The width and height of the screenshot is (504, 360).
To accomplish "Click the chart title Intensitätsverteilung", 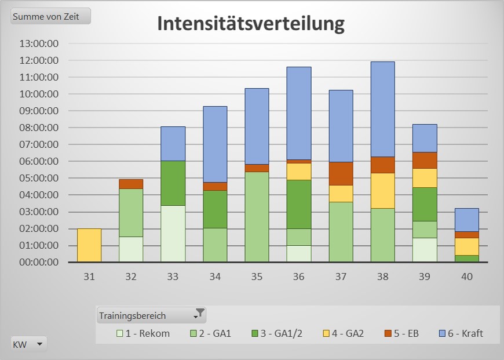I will [251, 24].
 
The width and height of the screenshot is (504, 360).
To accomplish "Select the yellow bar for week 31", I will [89, 245].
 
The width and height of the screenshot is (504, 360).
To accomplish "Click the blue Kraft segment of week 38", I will [382, 109].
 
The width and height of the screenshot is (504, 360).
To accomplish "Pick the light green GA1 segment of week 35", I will [257, 217].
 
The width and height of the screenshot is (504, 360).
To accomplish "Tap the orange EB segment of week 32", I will [131, 184].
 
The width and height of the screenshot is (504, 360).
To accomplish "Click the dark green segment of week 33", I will [173, 183].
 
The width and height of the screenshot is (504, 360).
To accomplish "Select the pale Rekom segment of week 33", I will [173, 234].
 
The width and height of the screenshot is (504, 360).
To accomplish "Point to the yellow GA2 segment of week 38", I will [382, 191].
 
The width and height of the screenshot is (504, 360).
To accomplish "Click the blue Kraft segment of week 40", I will [466, 220].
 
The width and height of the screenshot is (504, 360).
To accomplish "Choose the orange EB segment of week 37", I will [341, 173].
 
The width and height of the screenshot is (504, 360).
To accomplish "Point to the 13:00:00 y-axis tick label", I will [39, 43].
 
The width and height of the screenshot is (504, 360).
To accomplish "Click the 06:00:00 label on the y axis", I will [39, 161].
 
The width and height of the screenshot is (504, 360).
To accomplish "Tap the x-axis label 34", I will [215, 277].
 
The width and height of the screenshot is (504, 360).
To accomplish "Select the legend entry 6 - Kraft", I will [462, 333].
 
